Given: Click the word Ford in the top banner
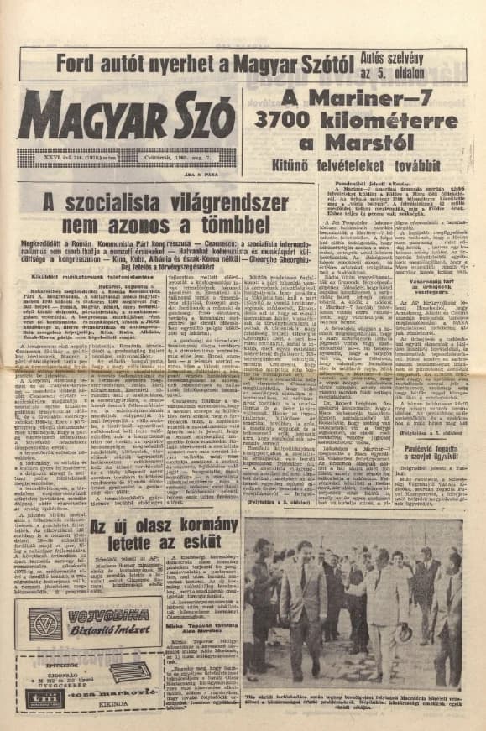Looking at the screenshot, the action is pos(78,61).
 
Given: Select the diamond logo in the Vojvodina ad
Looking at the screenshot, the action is pos(44,622).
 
